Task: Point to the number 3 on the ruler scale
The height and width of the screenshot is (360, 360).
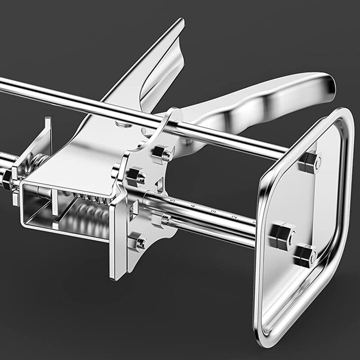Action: pos(213,211)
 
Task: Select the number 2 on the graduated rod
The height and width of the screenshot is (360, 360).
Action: pos(234,217)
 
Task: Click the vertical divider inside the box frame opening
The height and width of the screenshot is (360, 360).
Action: pos(54,205)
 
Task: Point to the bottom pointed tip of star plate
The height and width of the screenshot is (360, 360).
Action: pos(116,277)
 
